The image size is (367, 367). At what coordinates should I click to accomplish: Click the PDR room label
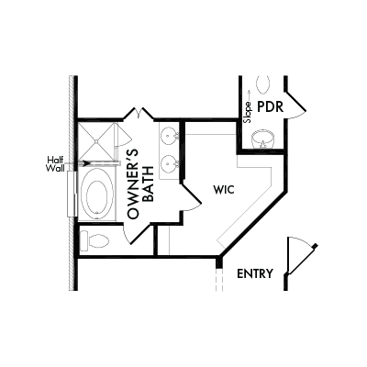click(271, 107)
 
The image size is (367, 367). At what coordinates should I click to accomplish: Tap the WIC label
click(224, 190)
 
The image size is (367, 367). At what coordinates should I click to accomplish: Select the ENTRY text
click(255, 273)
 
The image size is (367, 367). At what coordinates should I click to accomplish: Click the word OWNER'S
click(132, 184)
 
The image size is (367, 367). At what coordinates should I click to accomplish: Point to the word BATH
click(149, 183)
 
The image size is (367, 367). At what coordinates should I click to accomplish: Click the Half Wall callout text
click(55, 164)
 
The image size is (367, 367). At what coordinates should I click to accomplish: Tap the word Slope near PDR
click(247, 112)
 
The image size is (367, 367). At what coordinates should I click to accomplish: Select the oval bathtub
click(97, 194)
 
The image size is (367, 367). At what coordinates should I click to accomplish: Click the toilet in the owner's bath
click(95, 240)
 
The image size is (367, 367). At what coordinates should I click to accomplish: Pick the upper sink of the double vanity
click(169, 134)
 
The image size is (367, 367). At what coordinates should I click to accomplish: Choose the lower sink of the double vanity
click(169, 163)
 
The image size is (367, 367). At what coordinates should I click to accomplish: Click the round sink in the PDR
click(263, 139)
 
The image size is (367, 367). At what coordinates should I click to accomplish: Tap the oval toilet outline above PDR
click(263, 84)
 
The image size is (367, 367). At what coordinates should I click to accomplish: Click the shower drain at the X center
click(96, 141)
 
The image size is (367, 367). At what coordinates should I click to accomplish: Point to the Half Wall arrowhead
click(86, 163)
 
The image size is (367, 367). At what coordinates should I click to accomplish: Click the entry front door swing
click(301, 256)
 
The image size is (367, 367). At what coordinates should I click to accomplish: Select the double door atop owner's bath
click(139, 113)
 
